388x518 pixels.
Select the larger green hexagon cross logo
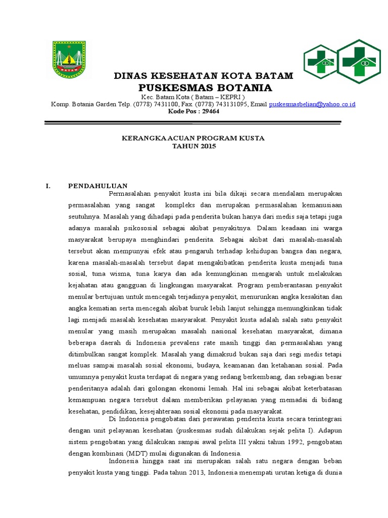(x=358, y=61)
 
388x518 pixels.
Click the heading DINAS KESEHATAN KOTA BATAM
(x=203, y=76)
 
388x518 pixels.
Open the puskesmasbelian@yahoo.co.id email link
(x=312, y=104)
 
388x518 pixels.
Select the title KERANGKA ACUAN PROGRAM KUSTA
(x=193, y=138)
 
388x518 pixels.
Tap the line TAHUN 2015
(x=194, y=146)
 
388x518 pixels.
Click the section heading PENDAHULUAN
(x=98, y=186)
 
